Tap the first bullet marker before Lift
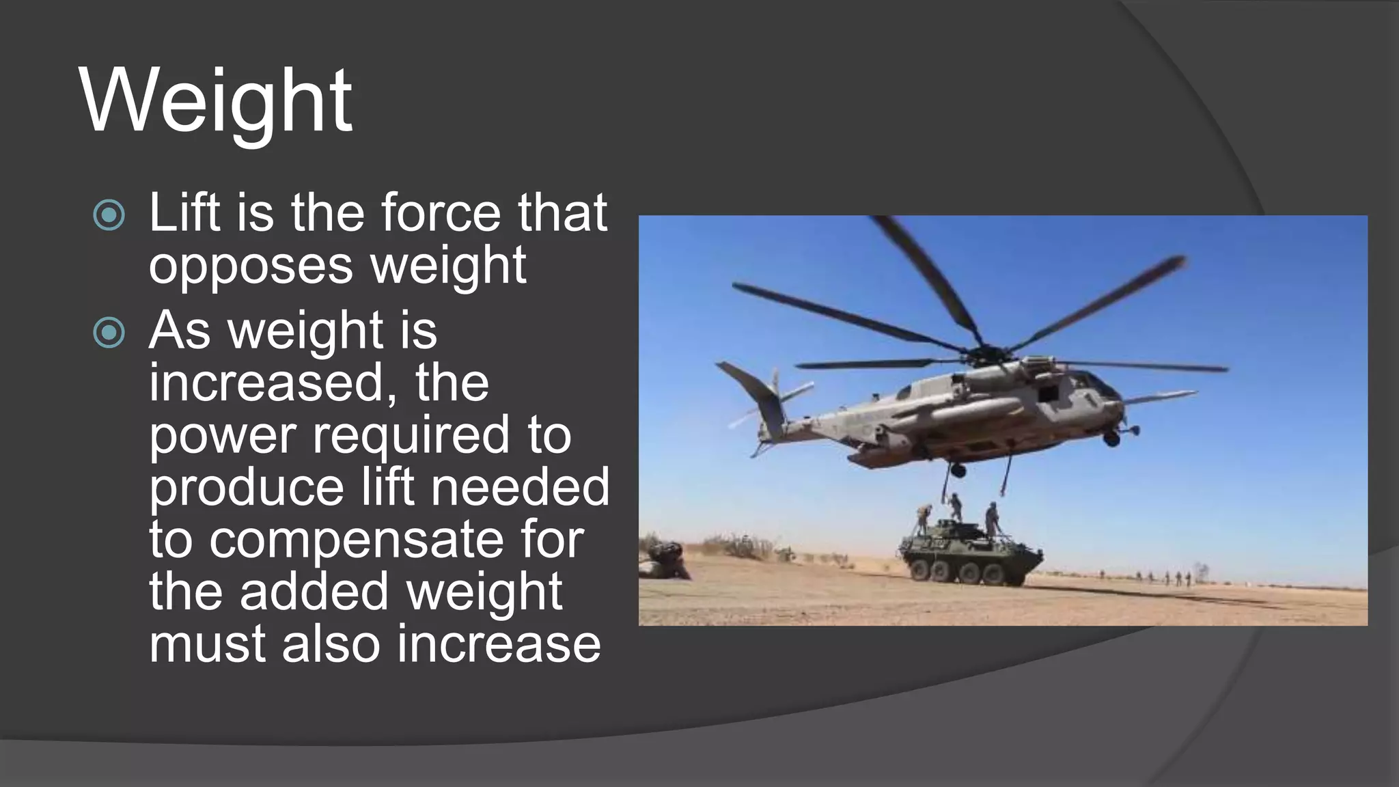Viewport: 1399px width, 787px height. point(109,215)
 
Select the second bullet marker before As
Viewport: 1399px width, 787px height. point(109,333)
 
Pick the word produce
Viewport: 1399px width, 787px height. point(247,486)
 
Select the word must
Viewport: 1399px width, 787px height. point(208,644)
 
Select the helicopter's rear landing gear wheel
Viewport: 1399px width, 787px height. point(958,470)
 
